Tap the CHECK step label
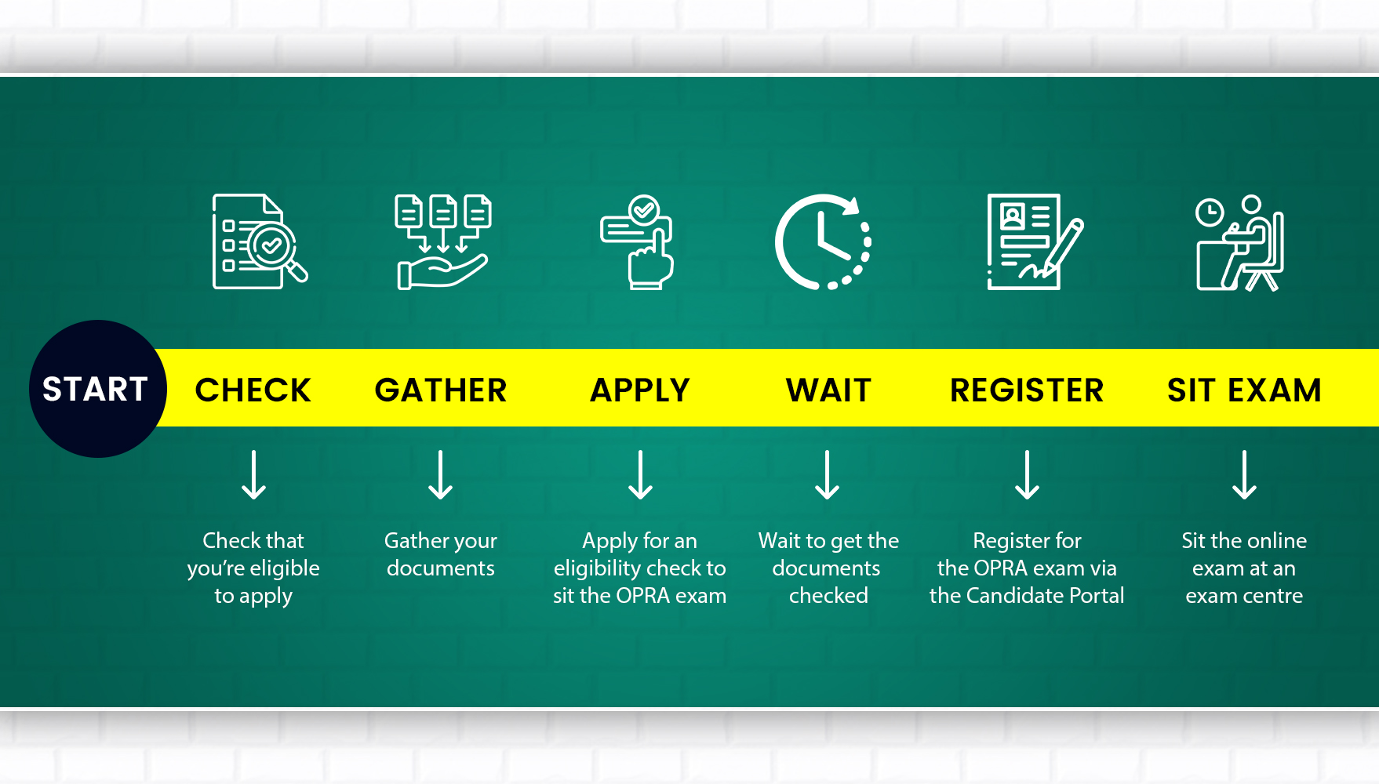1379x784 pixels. [x=253, y=390]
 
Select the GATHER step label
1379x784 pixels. [x=441, y=390]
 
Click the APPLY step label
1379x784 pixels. [x=640, y=390]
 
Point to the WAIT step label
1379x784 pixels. [x=828, y=390]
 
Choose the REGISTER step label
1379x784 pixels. [x=1027, y=390]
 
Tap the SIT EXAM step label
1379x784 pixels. [x=1244, y=390]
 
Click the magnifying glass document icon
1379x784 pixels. [x=259, y=241]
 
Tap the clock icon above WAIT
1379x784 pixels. [x=823, y=241]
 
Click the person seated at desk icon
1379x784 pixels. [x=1240, y=243]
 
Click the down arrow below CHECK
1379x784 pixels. [x=253, y=475]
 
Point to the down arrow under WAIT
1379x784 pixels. [x=828, y=475]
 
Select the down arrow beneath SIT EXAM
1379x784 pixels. [x=1244, y=475]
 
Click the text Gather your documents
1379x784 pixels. [x=441, y=554]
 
